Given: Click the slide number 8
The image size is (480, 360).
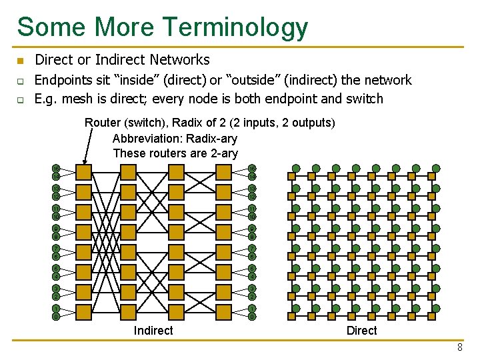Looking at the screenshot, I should [x=460, y=348].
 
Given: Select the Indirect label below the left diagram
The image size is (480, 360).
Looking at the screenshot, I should [x=153, y=331].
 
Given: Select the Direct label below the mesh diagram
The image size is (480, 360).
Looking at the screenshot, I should [x=362, y=331].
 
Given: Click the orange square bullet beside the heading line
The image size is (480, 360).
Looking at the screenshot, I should [x=20, y=61].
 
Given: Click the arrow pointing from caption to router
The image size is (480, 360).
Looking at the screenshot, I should [x=87, y=147].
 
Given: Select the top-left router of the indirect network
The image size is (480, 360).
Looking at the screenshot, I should [x=84, y=173].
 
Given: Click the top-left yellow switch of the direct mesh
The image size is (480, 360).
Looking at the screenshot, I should [x=291, y=177].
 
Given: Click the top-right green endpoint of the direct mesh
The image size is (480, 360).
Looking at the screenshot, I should [x=436, y=169].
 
